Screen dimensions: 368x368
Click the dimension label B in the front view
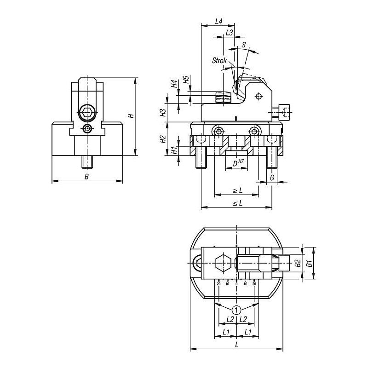pos(86,177)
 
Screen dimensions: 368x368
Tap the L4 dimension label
pos(219,21)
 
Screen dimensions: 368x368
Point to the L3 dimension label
pos(229,32)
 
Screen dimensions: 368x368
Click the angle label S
pos(244,45)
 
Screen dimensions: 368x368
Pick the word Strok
pos(219,61)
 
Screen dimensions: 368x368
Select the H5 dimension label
pos(186,80)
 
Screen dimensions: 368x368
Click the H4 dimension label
pos(174,84)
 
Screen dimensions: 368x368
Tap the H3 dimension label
pos(163,113)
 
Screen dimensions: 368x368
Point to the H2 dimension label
pos(163,139)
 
